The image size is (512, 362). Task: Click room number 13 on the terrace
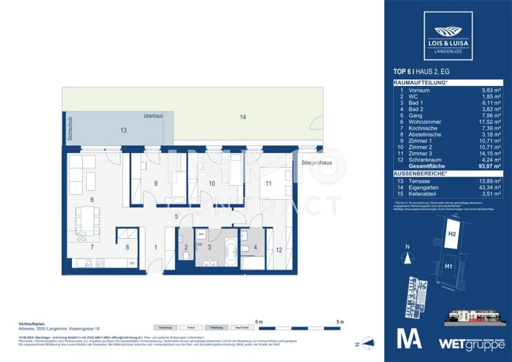(x=123, y=130)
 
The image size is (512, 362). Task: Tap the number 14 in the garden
(x=243, y=117)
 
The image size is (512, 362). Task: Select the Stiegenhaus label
(x=316, y=163)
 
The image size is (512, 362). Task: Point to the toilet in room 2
(x=185, y=255)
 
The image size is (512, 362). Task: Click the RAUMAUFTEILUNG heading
(x=420, y=82)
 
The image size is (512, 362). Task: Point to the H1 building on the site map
(x=449, y=267)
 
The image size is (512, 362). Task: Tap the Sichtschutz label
(x=70, y=129)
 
